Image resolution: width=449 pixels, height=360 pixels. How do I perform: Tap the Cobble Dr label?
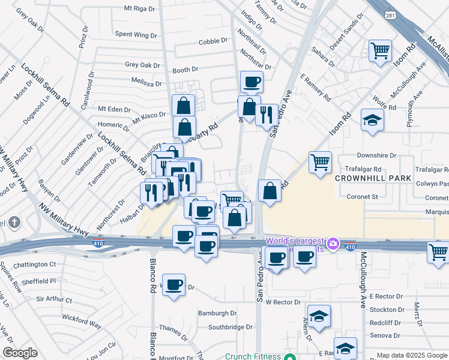214,41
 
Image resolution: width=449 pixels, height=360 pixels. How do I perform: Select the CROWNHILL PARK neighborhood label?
373,178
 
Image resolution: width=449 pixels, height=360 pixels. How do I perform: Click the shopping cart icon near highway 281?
381,52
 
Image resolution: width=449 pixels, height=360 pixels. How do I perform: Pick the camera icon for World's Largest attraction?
334,245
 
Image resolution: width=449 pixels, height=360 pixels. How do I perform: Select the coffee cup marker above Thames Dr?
173,286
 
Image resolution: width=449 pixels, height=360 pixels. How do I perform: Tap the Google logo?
20,353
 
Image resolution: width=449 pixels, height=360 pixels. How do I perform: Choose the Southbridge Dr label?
231,327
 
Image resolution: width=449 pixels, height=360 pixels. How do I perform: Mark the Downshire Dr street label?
376,155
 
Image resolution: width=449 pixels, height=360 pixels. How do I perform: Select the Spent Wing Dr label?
132,35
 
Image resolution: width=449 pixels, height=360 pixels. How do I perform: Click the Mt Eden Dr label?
114,109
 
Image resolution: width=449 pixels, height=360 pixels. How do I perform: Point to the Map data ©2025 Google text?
412,355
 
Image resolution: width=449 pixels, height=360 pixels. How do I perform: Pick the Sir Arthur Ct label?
54,299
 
